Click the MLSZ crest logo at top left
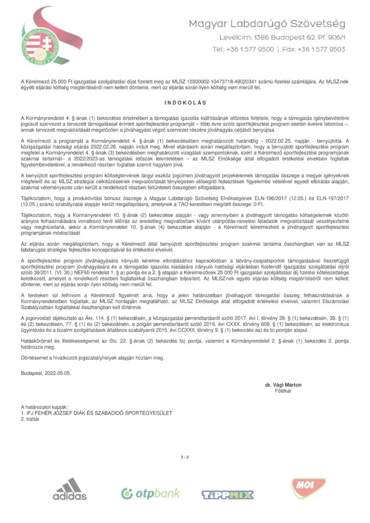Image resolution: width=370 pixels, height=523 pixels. click(x=45, y=40)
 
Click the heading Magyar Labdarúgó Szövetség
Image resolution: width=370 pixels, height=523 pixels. click(x=267, y=24)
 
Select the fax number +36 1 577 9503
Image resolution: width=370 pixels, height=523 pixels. click(x=322, y=50)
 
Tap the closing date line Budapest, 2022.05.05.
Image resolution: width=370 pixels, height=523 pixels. click(x=46, y=373)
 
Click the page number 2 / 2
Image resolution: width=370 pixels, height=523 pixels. click(x=185, y=457)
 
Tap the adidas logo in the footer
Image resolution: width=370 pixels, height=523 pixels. click(x=70, y=489)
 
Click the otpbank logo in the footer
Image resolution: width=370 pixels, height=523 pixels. click(x=150, y=493)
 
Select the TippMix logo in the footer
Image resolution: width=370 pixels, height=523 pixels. click(x=228, y=494)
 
